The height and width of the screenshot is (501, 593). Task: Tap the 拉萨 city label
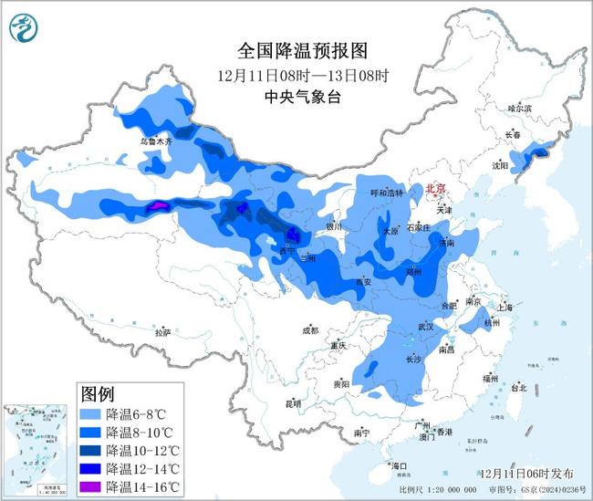(162, 333)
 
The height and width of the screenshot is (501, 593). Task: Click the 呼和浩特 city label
(386, 193)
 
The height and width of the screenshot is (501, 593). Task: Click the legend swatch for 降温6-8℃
(90, 413)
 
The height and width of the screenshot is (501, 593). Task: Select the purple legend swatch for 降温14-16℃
(90, 485)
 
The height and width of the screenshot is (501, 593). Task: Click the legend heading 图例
(98, 394)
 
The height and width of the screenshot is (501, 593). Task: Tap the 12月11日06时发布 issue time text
(527, 473)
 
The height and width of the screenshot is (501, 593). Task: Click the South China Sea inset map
(37, 450)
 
